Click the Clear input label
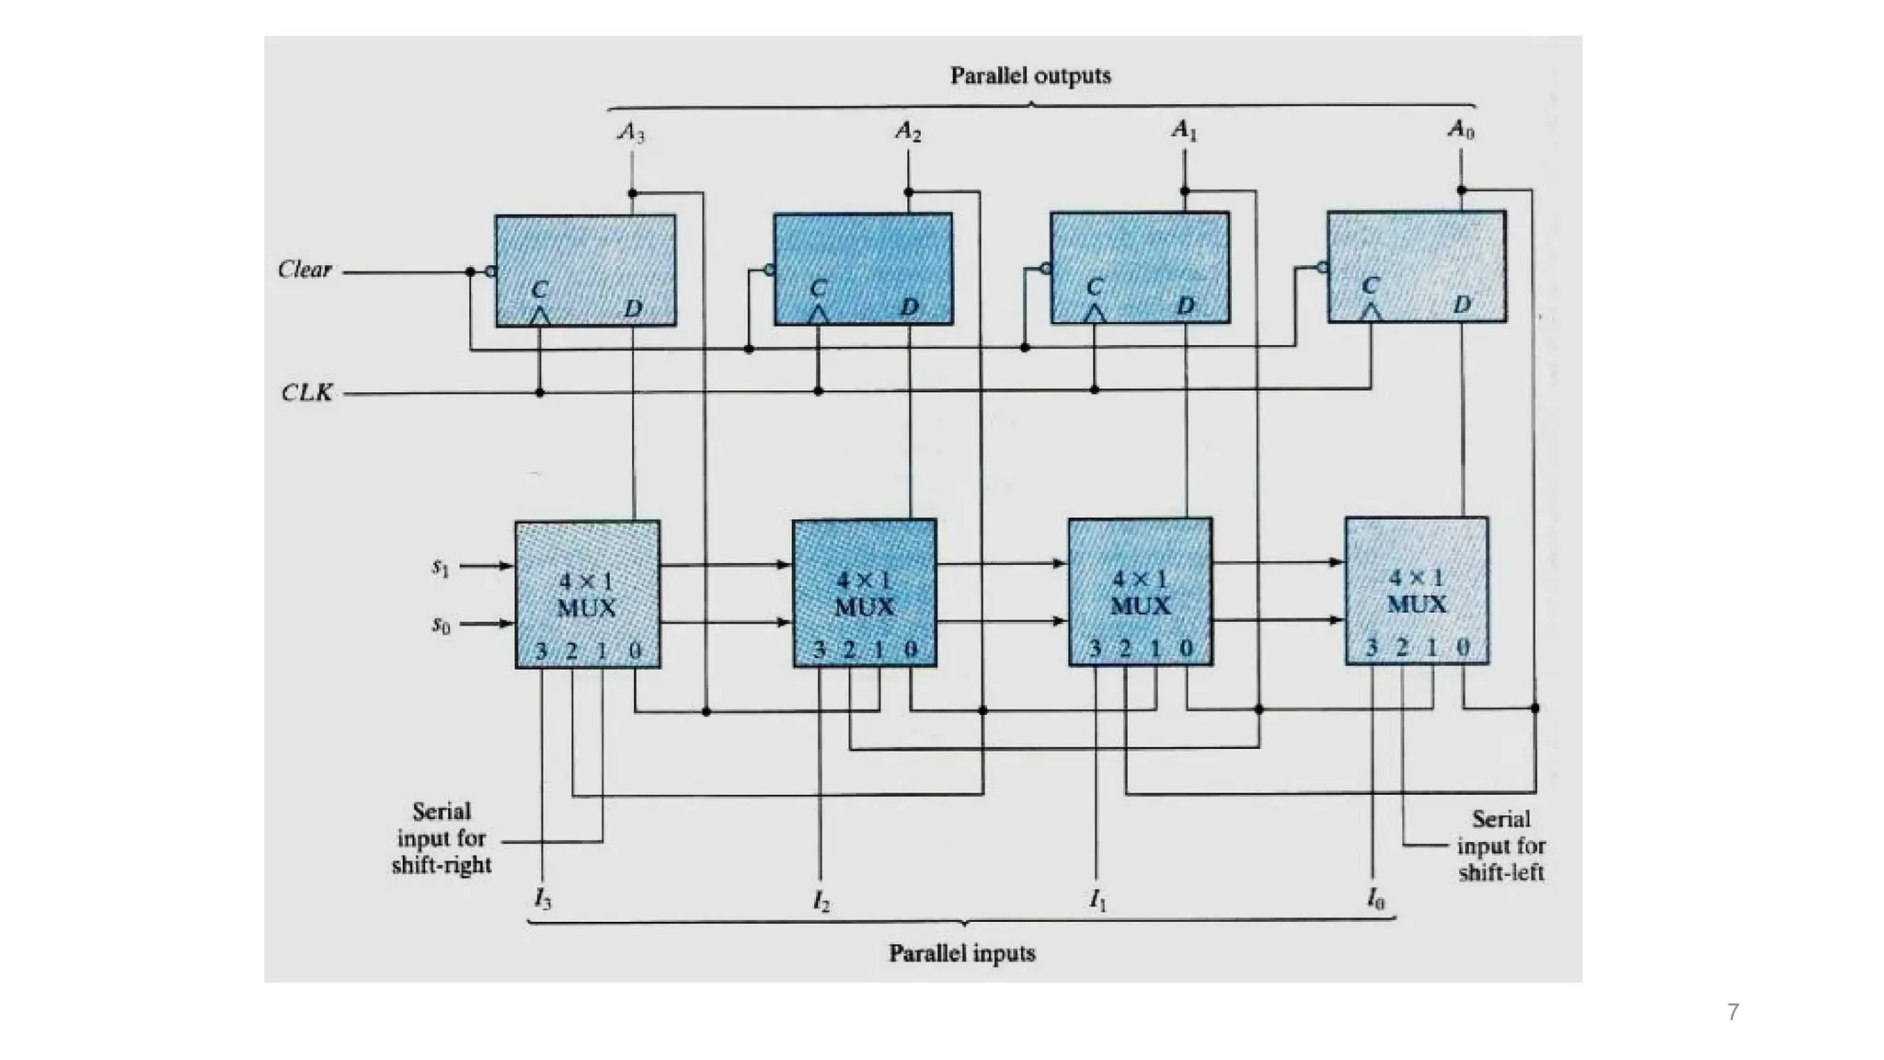[304, 270]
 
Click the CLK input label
[306, 393]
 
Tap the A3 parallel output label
[631, 132]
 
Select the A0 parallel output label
[1461, 130]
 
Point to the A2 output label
[908, 132]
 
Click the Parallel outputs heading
[1030, 75]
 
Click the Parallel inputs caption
[962, 953]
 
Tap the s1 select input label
[441, 568]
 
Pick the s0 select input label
[441, 626]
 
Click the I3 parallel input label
[543, 899]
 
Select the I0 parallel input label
[1374, 899]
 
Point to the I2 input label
[821, 901]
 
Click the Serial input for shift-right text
[442, 838]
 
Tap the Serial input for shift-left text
[1500, 846]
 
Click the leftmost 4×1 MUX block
[587, 594]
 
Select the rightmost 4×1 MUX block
[1417, 591]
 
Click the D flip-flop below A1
[1140, 268]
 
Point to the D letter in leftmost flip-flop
[633, 308]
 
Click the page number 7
[1733, 1012]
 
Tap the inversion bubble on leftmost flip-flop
[491, 271]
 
